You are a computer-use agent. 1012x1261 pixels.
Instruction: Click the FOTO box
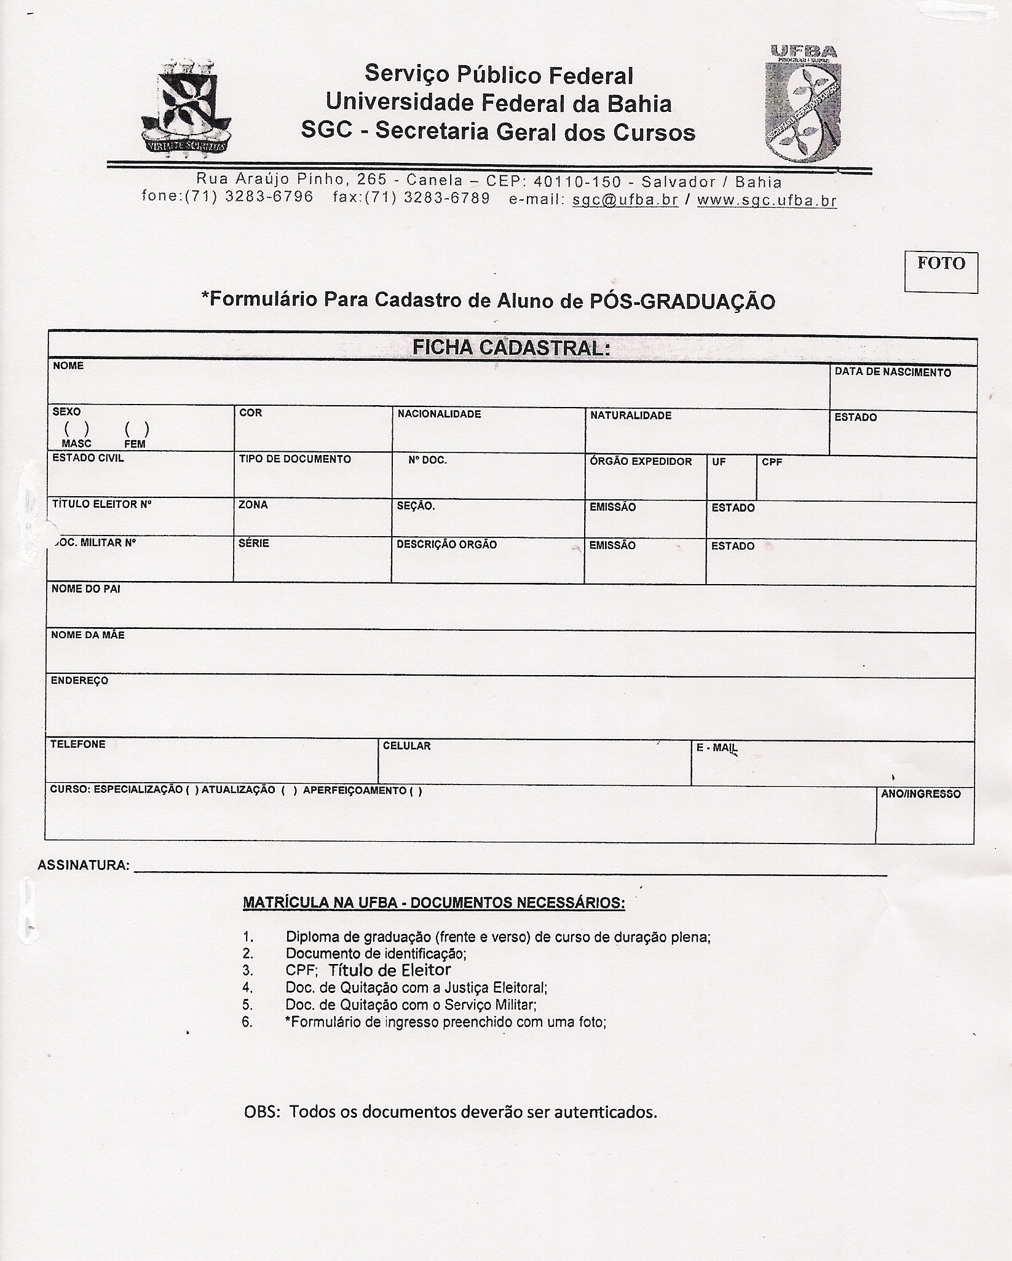coord(941,271)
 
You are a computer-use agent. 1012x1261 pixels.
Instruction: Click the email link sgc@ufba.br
coord(625,200)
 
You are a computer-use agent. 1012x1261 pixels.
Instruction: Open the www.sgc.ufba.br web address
coord(766,200)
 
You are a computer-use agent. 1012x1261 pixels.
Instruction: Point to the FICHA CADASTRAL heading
coord(511,348)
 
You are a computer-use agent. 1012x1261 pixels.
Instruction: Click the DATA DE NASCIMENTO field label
coord(892,373)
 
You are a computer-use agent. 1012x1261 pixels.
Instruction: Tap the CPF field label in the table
coord(772,462)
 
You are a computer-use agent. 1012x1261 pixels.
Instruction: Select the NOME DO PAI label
coord(86,589)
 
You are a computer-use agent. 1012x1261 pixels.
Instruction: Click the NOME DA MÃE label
coord(88,635)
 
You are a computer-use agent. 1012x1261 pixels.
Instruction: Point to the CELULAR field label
coord(406,746)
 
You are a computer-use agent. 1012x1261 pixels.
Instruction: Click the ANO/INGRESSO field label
coord(920,794)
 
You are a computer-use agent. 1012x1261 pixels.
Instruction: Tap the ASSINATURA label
coord(84,866)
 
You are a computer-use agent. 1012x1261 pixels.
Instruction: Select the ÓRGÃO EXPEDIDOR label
coord(641,461)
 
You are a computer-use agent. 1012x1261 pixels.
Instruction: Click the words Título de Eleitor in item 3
coord(389,970)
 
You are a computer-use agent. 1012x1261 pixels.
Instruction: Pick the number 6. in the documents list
coord(248,1022)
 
